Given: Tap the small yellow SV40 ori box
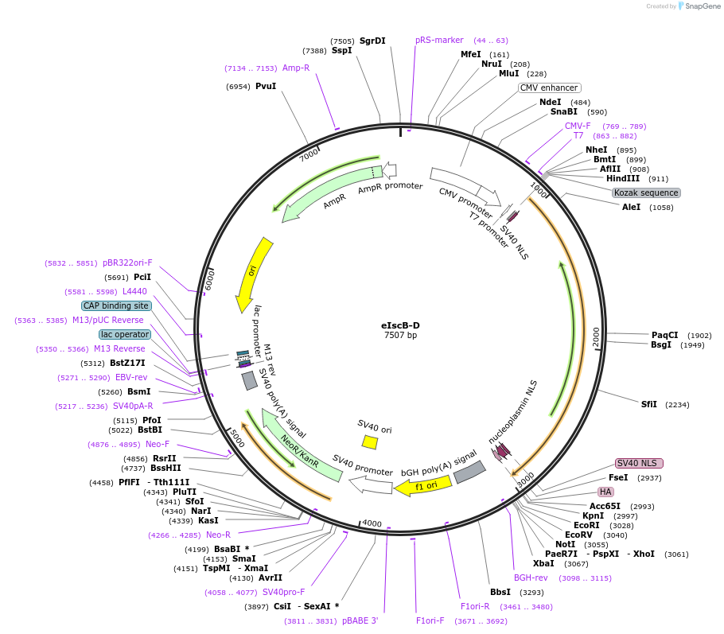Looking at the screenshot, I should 369,441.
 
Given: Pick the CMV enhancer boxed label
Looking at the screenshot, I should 550,88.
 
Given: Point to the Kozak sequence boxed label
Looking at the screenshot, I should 646,193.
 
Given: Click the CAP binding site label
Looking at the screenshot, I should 115,305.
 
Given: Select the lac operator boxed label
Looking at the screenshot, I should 125,334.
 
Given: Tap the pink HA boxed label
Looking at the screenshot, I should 605,492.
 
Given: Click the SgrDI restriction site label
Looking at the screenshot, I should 372,41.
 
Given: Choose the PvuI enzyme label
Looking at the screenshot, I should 266,86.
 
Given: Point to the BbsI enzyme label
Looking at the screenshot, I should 500,592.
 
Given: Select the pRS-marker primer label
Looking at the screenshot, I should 439,40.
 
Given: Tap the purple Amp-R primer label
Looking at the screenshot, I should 296,68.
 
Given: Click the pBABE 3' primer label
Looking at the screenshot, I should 360,620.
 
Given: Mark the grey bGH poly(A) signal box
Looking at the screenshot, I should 469,472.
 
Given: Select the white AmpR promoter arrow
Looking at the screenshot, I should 390,169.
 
